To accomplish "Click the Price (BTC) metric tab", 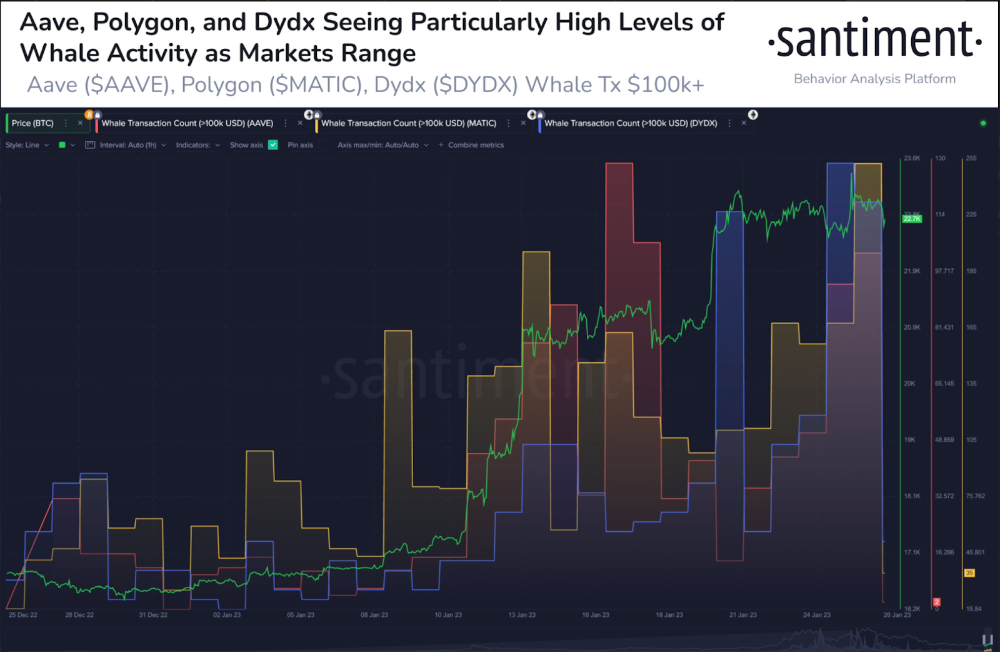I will (32, 123).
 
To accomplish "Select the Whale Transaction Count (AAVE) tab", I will (187, 123).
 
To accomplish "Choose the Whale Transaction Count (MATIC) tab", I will (408, 123).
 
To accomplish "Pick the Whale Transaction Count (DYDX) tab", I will (630, 123).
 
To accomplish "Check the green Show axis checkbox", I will (273, 145).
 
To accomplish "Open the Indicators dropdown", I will (197, 145).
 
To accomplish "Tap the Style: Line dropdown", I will (27, 145).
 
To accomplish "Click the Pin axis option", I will (300, 145).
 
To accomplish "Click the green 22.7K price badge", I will (912, 218).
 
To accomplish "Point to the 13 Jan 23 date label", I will (522, 615).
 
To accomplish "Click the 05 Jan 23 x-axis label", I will (301, 615).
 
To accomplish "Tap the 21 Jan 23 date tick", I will (742, 615).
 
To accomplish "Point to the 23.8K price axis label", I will (912, 158).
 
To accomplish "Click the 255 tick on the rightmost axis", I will (971, 158).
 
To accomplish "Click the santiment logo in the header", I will (874, 39).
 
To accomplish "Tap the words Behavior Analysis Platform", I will (874, 79).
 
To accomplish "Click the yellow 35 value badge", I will (969, 573).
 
